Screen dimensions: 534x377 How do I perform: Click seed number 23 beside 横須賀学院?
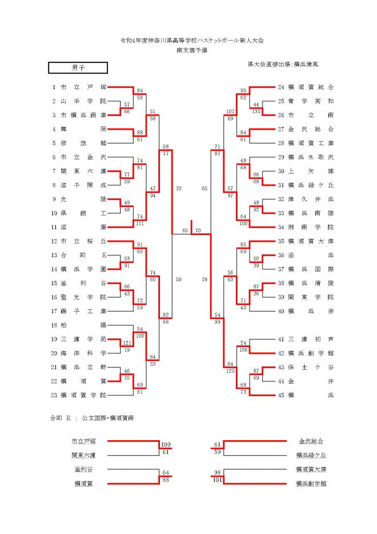coord(54,394)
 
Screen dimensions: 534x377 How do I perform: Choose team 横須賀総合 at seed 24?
coord(311,87)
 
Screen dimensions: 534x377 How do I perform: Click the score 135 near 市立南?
coord(256,111)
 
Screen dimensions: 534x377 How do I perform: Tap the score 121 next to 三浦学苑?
coord(126,342)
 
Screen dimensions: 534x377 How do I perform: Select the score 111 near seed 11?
coord(140,224)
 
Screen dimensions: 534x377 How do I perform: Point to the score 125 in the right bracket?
coord(230,371)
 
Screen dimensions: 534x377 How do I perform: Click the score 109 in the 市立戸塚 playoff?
coord(166,444)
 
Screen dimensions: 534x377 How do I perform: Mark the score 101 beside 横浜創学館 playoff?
coord(217,480)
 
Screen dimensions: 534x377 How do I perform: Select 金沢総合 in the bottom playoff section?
coord(311,441)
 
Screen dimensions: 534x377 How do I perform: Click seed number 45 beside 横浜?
coord(281,394)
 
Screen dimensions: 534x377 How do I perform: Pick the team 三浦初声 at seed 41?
coord(311,339)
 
